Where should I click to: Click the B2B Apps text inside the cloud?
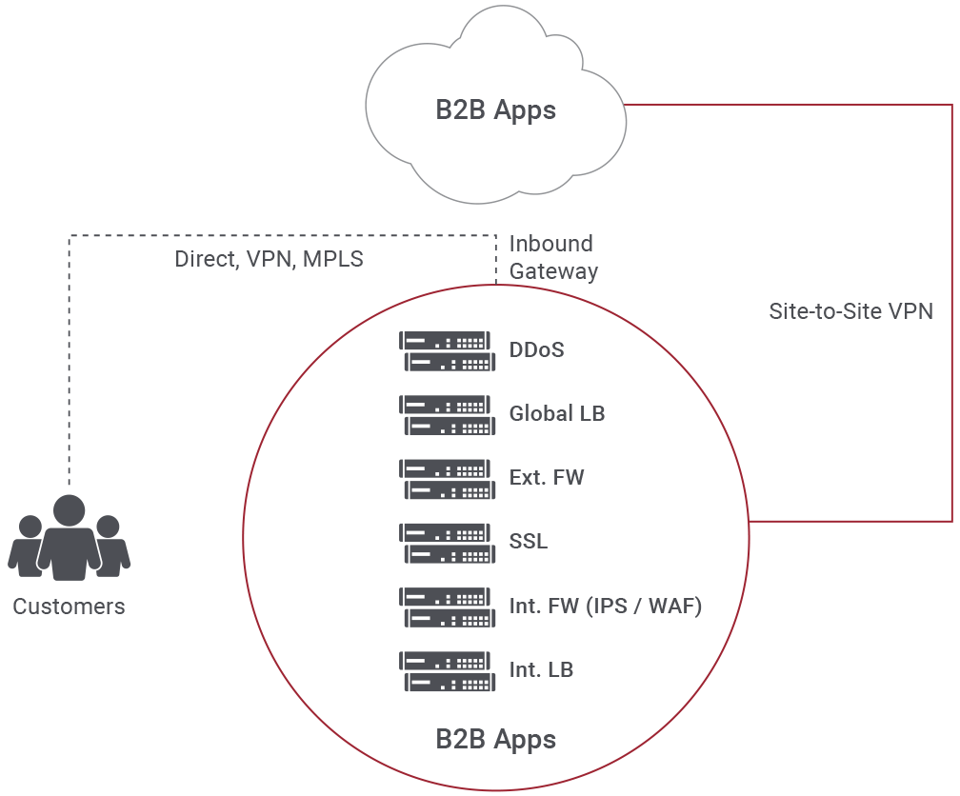495,110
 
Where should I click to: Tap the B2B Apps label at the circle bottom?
495,739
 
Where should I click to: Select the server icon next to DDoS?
447,350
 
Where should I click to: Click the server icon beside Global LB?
447,414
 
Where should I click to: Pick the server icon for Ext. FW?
447,478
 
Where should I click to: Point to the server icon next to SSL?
447,542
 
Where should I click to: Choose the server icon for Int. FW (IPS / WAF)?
447,607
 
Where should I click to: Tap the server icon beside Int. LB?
447,670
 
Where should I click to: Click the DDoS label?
536,350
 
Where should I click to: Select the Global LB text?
557,414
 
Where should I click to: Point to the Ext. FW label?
547,478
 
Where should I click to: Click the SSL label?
529,542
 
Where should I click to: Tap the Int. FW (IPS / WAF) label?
606,606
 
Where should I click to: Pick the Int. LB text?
541,670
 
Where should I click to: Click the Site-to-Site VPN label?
850,311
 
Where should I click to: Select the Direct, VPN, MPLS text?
270,259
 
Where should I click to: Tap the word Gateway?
553,271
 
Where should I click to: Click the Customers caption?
69,607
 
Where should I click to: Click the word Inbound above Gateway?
550,244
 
